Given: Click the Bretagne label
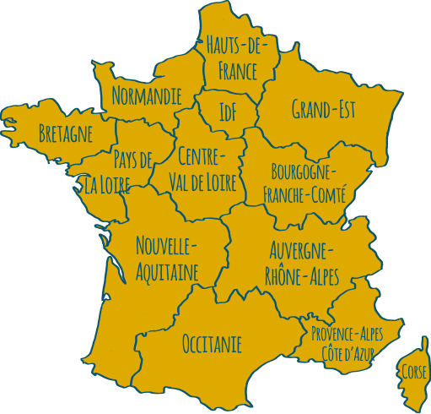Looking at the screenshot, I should [65, 133].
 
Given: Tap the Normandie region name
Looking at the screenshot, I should [146, 95].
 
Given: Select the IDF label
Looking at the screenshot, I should [227, 112].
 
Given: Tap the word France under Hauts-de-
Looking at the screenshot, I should [237, 71].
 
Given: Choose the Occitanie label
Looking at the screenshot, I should [212, 344].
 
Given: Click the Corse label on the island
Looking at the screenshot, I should [414, 372].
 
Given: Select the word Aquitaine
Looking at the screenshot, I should [167, 271].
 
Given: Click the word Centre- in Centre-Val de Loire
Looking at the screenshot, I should [202, 155].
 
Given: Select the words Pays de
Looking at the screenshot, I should [132, 158].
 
